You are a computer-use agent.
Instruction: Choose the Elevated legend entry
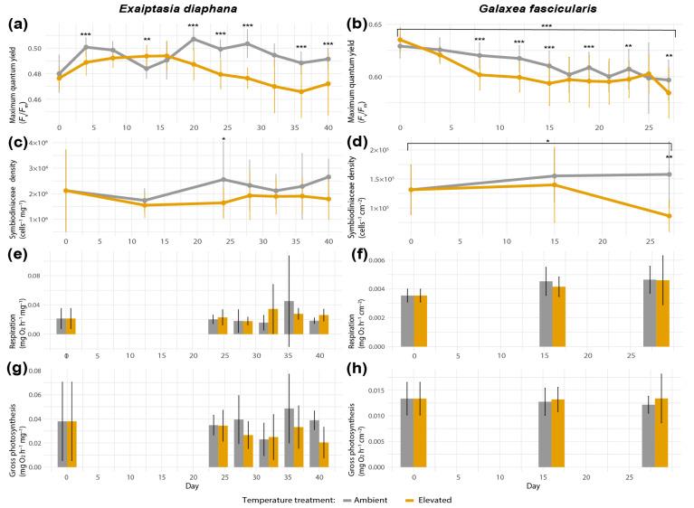426,498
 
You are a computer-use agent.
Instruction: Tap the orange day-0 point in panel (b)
399,40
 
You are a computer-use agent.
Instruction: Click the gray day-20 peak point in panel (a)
195,40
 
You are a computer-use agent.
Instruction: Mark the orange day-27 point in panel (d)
669,216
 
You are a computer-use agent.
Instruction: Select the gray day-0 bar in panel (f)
406,321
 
